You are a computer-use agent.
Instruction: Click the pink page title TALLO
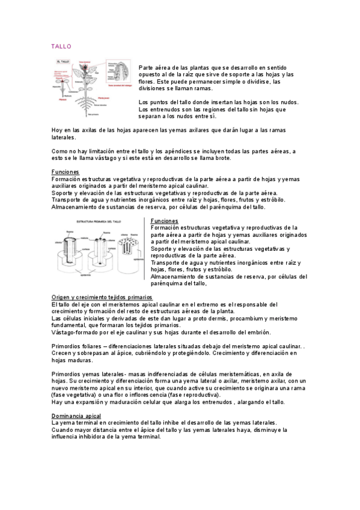coord(61,46)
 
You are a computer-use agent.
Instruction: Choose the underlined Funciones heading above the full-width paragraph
coord(66,171)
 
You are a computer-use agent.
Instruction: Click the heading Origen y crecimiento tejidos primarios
coord(102,298)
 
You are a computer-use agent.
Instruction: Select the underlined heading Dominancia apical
coord(76,416)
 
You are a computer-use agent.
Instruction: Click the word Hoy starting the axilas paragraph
coord(57,130)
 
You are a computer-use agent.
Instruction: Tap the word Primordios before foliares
coord(66,346)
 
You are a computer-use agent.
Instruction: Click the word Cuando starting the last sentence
coord(63,430)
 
